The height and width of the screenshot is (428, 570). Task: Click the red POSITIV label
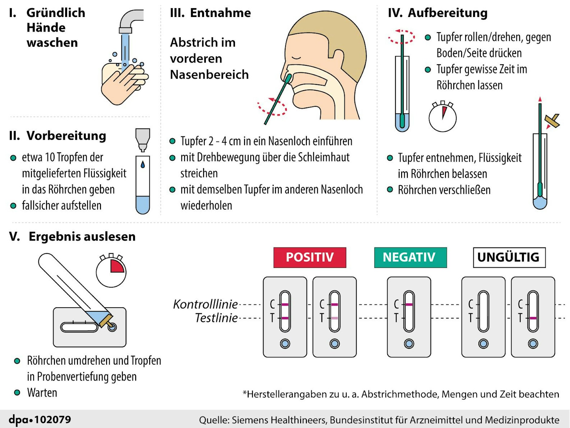(x=310, y=257)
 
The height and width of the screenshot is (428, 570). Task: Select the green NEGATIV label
(x=410, y=257)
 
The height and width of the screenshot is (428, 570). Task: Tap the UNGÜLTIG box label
(x=509, y=257)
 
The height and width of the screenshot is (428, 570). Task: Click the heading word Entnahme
(x=220, y=13)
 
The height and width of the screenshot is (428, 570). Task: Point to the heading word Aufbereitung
(x=448, y=13)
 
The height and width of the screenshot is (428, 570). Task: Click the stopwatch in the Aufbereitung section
(x=442, y=117)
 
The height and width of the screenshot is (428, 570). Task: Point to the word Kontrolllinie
(x=206, y=304)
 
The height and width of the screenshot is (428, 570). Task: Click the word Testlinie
(x=216, y=318)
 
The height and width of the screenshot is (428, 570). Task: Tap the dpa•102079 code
(x=40, y=420)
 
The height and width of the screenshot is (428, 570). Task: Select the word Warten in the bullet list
(x=42, y=393)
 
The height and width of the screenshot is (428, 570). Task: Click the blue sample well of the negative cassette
(x=409, y=344)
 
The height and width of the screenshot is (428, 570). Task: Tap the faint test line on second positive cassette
(x=334, y=318)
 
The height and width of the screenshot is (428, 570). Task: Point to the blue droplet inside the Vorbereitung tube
(x=143, y=164)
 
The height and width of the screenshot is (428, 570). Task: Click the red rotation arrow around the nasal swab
(x=272, y=107)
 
